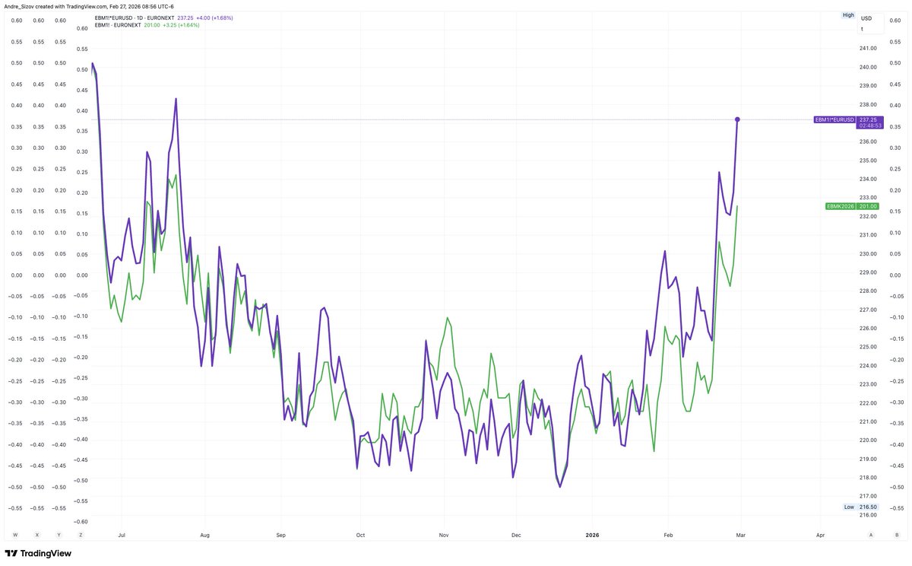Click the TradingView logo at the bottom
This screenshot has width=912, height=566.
pyautogui.click(x=38, y=553)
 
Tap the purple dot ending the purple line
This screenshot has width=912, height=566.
pyautogui.click(x=737, y=119)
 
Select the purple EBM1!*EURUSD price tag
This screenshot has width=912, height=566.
pyautogui.click(x=834, y=119)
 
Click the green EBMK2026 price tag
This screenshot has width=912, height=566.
pyautogui.click(x=840, y=206)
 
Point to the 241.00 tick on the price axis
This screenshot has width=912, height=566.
pyautogui.click(x=869, y=48)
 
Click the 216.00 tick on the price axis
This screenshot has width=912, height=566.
pyautogui.click(x=869, y=515)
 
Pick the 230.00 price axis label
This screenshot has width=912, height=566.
pyautogui.click(x=869, y=253)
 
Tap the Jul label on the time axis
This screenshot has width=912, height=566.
pyautogui.click(x=122, y=535)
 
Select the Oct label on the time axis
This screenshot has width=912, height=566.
pyautogui.click(x=360, y=535)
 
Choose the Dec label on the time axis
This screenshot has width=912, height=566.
pyautogui.click(x=515, y=535)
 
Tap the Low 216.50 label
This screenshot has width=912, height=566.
pyautogui.click(x=862, y=507)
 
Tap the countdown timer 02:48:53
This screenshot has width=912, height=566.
pyautogui.click(x=869, y=126)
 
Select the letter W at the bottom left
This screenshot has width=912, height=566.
pyautogui.click(x=15, y=535)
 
